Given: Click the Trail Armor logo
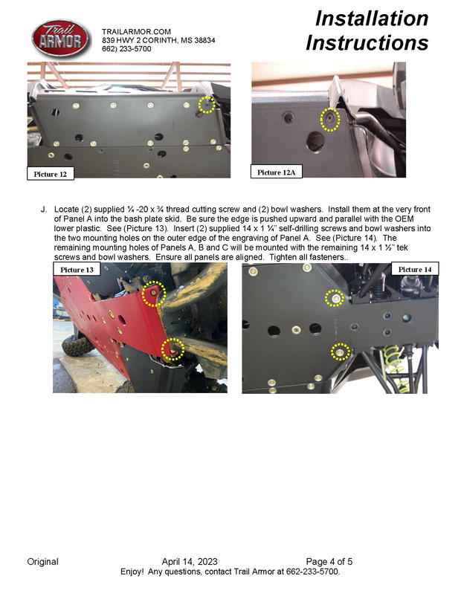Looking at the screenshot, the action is (x=61, y=39).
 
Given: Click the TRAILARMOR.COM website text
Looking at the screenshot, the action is (x=136, y=31).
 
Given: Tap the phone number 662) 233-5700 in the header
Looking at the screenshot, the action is (x=126, y=48).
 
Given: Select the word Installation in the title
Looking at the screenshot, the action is (x=372, y=19).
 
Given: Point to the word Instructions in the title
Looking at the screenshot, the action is (x=367, y=42).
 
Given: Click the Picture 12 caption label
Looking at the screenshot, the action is (x=51, y=174).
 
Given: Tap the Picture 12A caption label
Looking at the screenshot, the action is (x=276, y=172).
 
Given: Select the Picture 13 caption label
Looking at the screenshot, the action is (x=77, y=269).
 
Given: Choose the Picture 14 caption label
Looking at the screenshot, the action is (x=415, y=269).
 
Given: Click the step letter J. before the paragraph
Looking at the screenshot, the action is (x=44, y=209).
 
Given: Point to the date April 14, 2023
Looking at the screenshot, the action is (x=190, y=561).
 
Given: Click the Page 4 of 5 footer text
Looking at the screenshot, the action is (x=329, y=561).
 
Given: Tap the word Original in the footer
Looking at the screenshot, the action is (x=42, y=561).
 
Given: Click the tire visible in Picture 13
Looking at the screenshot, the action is (x=77, y=344).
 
